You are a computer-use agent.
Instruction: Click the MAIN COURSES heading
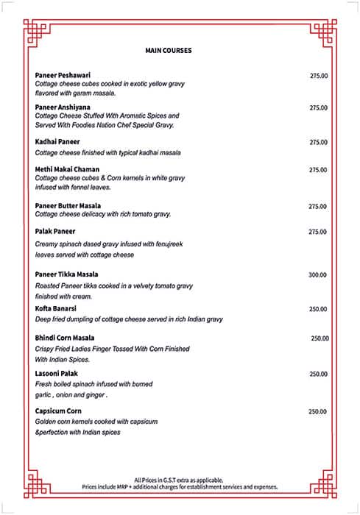(x=169, y=51)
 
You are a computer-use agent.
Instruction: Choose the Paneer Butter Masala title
(x=68, y=206)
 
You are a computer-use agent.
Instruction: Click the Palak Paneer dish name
(x=55, y=231)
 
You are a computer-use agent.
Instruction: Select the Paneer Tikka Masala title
(x=67, y=274)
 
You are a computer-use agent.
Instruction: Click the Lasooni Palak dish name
(x=56, y=374)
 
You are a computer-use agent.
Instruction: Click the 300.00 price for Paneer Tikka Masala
(x=317, y=274)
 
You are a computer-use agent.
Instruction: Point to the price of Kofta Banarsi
(x=318, y=309)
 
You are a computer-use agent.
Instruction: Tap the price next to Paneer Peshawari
(x=319, y=76)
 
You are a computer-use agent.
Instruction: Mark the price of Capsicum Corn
(x=317, y=411)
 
